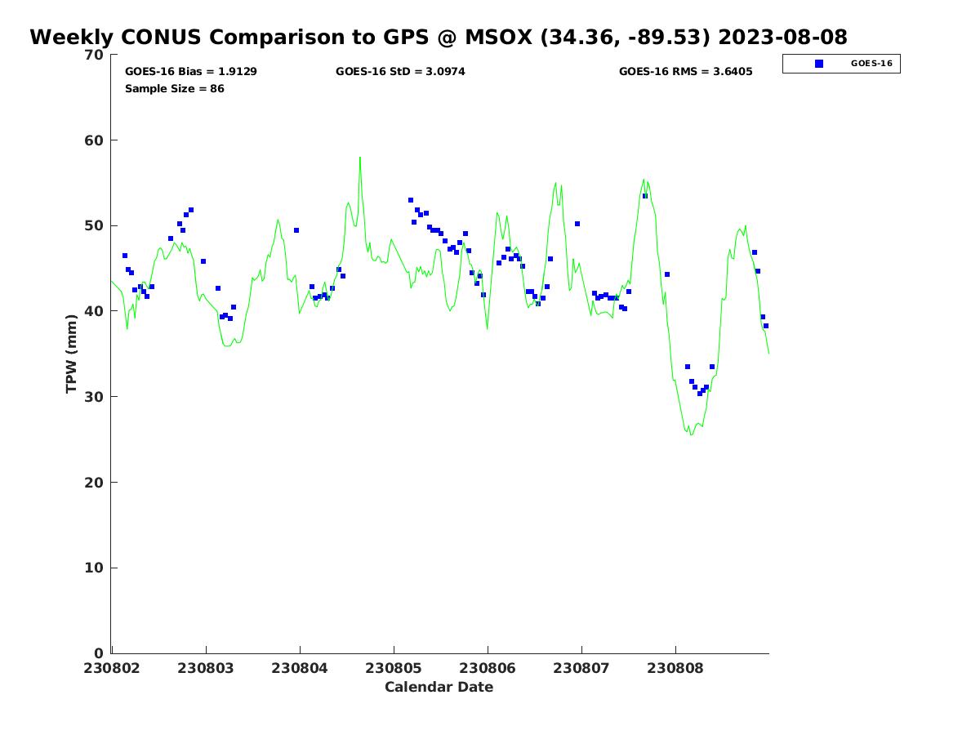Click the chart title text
(x=439, y=38)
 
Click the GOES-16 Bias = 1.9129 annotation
(x=191, y=72)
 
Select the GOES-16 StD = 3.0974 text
(x=400, y=72)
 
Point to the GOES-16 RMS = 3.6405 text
(x=685, y=72)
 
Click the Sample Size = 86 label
(x=174, y=88)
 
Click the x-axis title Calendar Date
(x=439, y=687)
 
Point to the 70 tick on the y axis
(x=95, y=55)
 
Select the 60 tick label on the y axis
(x=95, y=140)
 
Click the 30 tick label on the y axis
(x=95, y=397)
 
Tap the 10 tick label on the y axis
(x=95, y=568)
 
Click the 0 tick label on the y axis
(x=99, y=653)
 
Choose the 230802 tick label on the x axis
(x=112, y=668)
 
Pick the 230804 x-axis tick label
(x=300, y=668)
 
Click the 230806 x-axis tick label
(x=488, y=668)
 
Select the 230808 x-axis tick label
(x=675, y=668)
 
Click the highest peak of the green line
(x=359, y=157)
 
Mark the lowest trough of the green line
(x=691, y=434)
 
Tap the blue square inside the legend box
(x=819, y=64)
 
